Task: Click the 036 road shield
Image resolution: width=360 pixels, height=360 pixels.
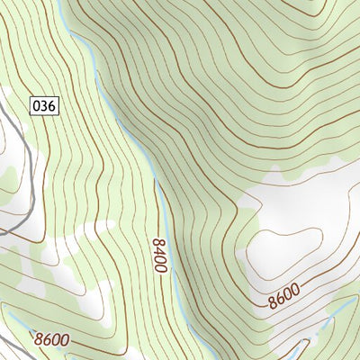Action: point(44,105)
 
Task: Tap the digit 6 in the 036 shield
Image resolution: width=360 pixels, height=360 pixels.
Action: point(52,105)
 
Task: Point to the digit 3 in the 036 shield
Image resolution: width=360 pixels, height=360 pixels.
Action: point(44,105)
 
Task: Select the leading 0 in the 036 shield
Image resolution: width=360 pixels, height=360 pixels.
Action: point(36,105)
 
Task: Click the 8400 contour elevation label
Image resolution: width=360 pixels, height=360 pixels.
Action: point(159,256)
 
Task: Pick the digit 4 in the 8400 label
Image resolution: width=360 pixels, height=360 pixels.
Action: point(159,251)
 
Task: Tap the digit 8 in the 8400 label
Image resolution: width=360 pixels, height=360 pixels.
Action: point(159,242)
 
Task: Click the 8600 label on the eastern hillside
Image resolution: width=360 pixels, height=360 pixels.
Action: point(283,296)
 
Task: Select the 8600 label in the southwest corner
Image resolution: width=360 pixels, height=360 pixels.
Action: point(52,340)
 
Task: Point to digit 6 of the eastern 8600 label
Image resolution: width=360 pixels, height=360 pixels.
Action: point(279,298)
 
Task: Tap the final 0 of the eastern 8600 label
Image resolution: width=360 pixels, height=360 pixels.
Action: point(296,291)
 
